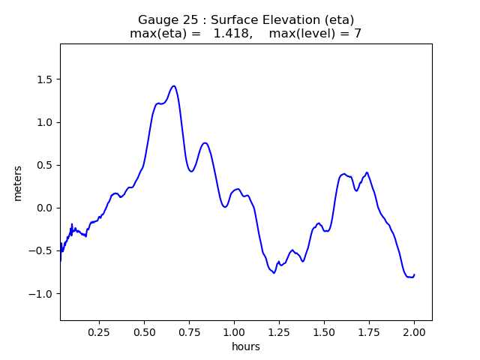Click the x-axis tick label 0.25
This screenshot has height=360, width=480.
click(100, 331)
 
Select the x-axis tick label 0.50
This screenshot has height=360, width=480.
click(145, 331)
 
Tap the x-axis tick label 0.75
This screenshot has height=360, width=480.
click(190, 331)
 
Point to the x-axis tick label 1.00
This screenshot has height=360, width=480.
click(235, 331)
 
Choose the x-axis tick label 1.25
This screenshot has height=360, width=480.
click(280, 331)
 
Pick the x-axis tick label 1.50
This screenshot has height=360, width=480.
click(324, 331)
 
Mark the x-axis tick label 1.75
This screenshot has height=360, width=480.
click(369, 331)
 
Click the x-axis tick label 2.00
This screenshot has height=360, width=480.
click(414, 331)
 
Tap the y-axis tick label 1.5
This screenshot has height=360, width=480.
click(43, 79)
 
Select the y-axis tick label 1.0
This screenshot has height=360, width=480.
click(43, 122)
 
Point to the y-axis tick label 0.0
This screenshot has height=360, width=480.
click(43, 208)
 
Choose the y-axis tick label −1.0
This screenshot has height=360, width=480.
click(40, 293)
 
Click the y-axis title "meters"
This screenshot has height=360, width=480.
click(18, 183)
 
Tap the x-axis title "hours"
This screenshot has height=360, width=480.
click(246, 346)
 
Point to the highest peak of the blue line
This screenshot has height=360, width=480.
click(173, 86)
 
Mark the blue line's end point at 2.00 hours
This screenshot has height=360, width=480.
click(414, 274)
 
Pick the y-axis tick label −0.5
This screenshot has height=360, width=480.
click(40, 250)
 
